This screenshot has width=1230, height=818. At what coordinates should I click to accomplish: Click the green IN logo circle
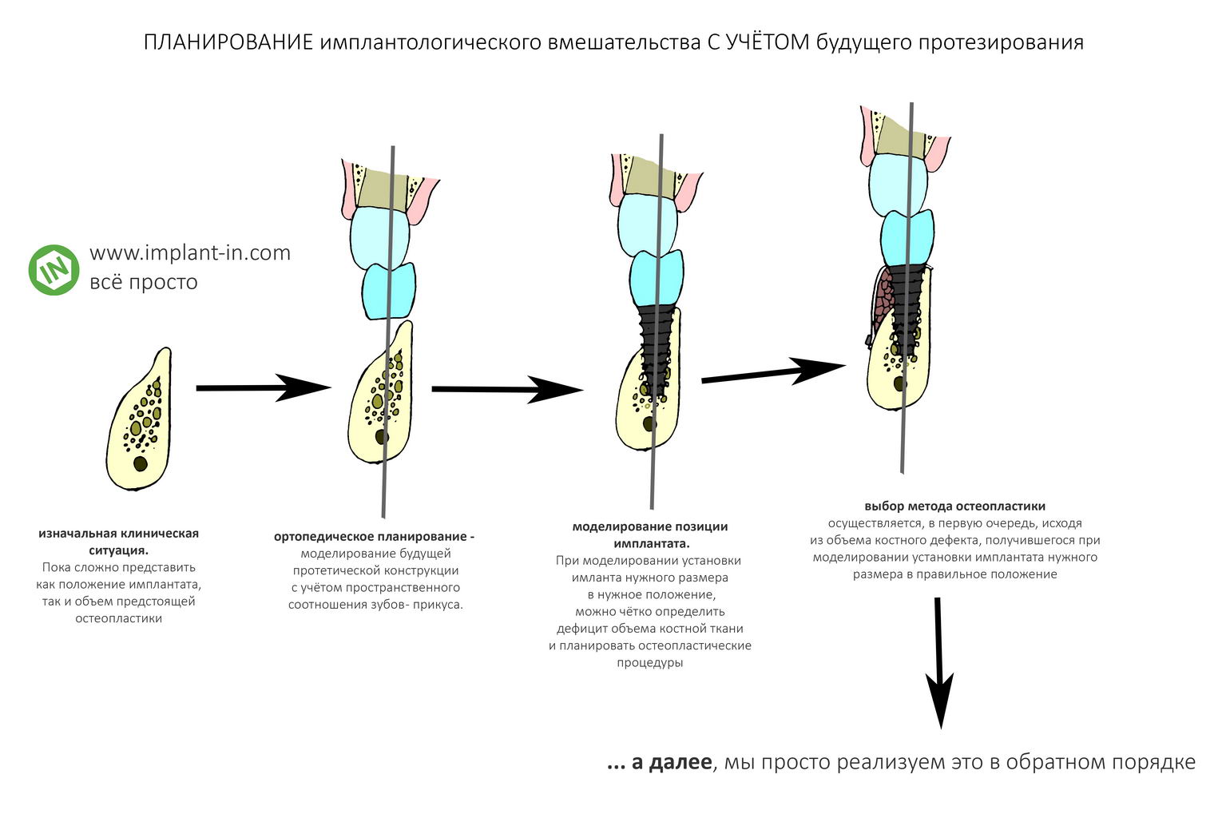[54, 270]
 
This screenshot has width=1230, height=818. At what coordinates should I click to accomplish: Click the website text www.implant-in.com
[190, 253]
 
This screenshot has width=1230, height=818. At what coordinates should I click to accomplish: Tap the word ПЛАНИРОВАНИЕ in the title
[228, 42]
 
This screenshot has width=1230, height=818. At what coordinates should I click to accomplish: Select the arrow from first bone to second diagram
[264, 387]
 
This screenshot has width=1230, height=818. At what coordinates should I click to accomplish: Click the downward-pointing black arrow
[939, 663]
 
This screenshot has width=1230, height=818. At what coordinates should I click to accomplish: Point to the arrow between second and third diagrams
[507, 390]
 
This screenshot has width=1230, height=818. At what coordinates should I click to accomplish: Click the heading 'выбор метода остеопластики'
[954, 506]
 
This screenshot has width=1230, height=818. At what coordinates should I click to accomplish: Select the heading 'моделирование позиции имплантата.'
[650, 535]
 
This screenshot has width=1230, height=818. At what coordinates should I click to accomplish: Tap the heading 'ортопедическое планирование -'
[374, 537]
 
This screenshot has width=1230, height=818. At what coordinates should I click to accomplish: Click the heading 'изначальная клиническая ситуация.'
[118, 542]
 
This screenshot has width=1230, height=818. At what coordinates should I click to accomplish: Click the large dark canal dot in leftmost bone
[141, 464]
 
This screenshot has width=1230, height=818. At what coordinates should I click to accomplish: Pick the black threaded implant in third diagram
[655, 351]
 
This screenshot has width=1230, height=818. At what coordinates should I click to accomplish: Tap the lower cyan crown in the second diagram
[389, 290]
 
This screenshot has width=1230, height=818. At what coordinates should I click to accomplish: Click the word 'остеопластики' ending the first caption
[118, 618]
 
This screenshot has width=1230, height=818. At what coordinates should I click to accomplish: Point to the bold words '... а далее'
[659, 763]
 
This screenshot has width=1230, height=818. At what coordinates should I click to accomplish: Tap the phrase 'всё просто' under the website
[144, 282]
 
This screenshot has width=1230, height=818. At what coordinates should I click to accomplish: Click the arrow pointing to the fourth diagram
[773, 372]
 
